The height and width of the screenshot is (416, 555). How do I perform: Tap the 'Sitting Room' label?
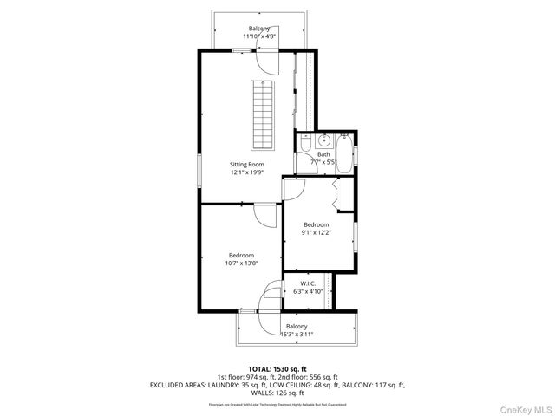pos(246,164)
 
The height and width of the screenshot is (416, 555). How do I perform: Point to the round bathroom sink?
pos(323,140)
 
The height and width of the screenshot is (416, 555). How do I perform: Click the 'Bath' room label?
pos(323,154)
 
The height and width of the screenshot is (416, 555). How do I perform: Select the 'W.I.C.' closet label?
pos(307,283)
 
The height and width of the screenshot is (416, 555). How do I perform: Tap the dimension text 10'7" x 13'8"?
pos(241,263)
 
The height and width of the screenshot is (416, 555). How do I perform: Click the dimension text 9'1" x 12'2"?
pos(316,232)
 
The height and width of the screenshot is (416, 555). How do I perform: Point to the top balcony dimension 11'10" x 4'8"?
pos(259,36)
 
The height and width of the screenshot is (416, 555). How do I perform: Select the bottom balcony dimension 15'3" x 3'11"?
pos(297,334)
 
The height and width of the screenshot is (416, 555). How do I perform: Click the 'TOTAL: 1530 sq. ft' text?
pos(277,368)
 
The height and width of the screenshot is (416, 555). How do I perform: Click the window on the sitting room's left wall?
pos(199,170)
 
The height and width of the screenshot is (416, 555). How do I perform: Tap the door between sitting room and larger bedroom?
pos(264,214)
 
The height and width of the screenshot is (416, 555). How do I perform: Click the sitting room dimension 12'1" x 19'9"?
pos(246,172)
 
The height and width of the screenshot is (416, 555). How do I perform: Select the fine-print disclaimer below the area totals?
pos(277,404)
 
